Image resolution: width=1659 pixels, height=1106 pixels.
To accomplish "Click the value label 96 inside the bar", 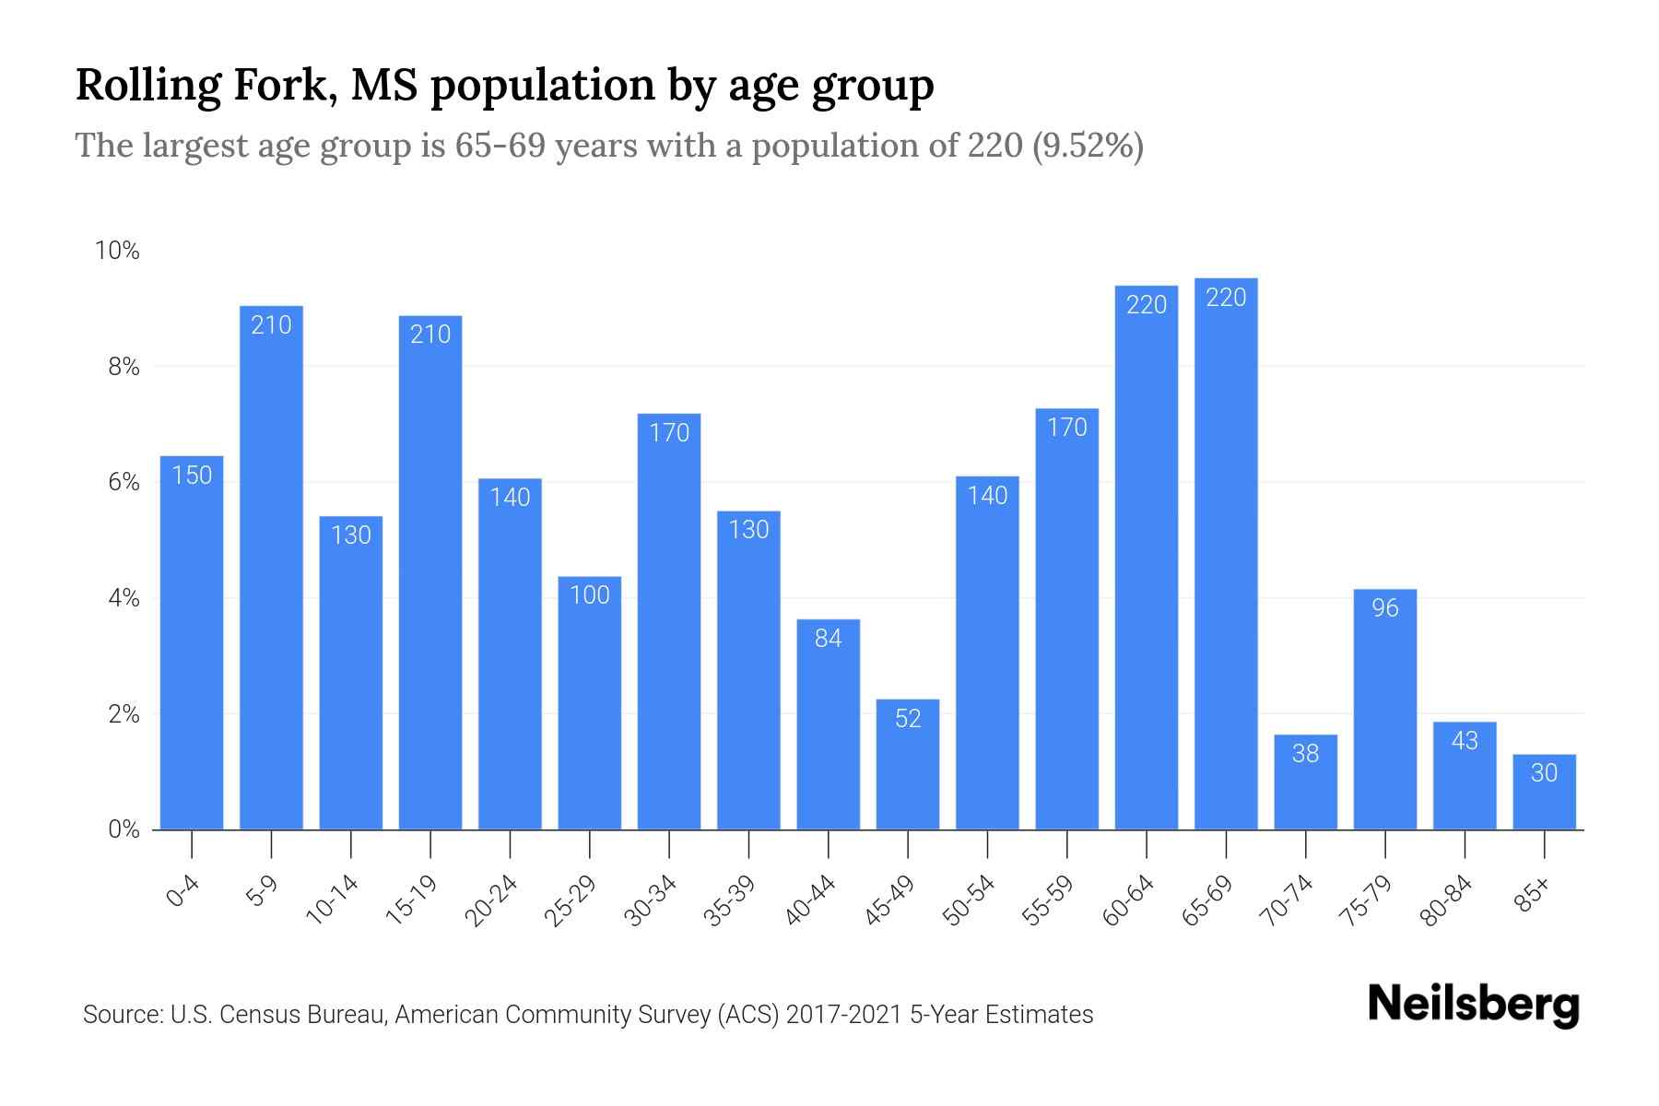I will pos(1385,608).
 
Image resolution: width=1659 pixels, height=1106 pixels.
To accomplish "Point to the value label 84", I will pos(829,639).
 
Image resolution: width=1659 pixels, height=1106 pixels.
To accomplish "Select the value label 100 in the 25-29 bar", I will pos(590,595).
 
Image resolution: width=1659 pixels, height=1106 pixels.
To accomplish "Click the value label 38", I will pos(1305,754).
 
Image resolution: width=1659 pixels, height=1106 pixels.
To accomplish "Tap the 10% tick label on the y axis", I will pos(117,251).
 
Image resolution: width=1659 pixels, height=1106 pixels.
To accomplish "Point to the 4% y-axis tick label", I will pos(124,598).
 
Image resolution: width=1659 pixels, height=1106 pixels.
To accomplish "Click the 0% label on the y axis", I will pos(124,829).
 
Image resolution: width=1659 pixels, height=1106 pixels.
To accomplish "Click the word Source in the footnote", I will pos(120,1015).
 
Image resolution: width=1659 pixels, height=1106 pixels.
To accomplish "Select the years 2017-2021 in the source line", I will pos(843,1015).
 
